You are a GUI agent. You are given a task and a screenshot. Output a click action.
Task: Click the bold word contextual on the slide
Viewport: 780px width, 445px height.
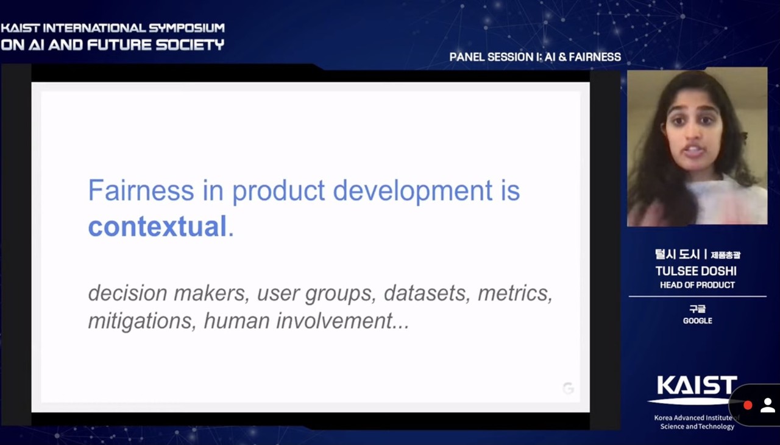click(157, 226)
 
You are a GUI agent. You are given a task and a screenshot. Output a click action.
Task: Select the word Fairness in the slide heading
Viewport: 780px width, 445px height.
click(141, 190)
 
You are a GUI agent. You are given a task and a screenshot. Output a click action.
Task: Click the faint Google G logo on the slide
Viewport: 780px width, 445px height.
click(568, 388)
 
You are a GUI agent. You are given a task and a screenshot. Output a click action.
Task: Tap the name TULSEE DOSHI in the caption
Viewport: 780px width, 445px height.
click(696, 271)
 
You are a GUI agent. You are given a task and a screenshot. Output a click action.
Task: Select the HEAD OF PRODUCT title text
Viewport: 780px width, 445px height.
click(698, 285)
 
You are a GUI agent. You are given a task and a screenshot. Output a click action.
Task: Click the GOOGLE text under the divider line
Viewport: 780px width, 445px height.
click(698, 321)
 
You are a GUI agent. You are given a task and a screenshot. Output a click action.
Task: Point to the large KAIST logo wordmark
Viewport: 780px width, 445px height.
click(697, 385)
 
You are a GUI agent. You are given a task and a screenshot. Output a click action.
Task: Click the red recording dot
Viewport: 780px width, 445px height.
click(748, 405)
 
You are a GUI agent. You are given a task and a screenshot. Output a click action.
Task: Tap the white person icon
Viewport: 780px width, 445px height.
click(767, 405)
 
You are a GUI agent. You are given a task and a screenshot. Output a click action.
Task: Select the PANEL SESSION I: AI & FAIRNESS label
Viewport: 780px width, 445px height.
click(535, 57)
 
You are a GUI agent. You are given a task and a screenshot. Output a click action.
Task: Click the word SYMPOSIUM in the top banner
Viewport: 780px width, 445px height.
click(186, 28)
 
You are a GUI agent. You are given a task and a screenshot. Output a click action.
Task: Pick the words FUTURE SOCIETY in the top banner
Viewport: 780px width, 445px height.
click(155, 45)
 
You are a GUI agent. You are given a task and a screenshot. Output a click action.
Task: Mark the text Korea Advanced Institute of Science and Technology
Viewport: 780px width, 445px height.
click(697, 422)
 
